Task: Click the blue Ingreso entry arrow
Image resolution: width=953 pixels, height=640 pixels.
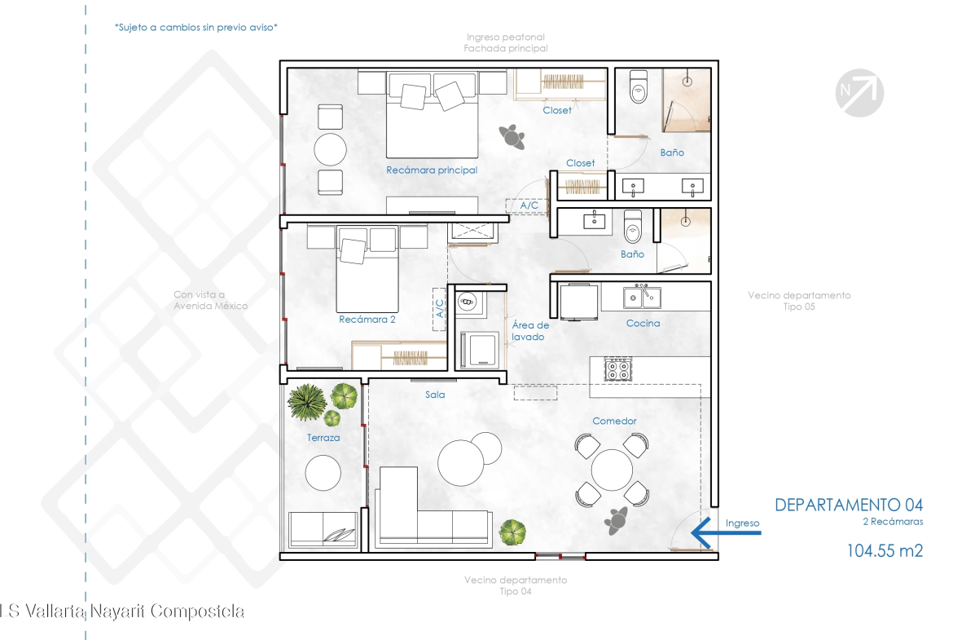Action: pyautogui.click(x=726, y=533)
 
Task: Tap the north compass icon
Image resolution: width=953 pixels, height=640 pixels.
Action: pyautogui.click(x=859, y=92)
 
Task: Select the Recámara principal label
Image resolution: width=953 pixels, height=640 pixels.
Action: pyautogui.click(x=432, y=170)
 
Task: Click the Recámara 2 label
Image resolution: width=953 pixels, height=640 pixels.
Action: pyautogui.click(x=367, y=320)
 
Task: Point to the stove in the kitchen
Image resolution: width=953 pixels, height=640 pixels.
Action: pyautogui.click(x=618, y=369)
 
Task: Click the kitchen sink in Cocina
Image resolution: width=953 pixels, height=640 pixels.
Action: pyautogui.click(x=642, y=297)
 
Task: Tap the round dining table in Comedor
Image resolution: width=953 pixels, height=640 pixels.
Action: pyautogui.click(x=612, y=470)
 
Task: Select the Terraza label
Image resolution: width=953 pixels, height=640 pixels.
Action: pyautogui.click(x=323, y=438)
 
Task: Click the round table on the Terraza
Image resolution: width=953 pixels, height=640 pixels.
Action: pyautogui.click(x=323, y=473)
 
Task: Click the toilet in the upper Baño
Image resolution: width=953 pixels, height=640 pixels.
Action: pyautogui.click(x=638, y=86)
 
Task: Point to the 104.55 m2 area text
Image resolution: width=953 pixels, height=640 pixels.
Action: pyautogui.click(x=885, y=551)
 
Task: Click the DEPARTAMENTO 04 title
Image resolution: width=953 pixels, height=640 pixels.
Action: pyautogui.click(x=849, y=505)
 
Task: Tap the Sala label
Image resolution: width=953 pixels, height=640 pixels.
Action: pyautogui.click(x=435, y=395)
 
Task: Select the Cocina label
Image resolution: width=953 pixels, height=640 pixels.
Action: pyautogui.click(x=643, y=324)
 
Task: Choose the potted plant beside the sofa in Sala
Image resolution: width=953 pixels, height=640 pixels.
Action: pyautogui.click(x=512, y=532)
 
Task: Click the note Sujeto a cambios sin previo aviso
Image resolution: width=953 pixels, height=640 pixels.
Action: pyautogui.click(x=195, y=28)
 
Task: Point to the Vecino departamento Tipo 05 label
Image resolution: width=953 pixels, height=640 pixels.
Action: pyautogui.click(x=799, y=301)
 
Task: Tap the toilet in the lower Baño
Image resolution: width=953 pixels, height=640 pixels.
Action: pyautogui.click(x=633, y=227)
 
